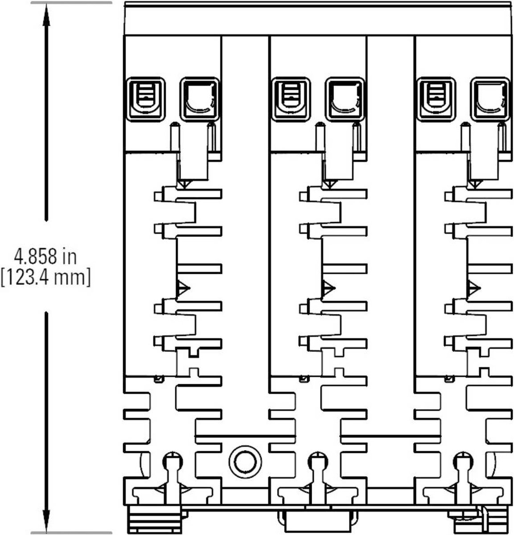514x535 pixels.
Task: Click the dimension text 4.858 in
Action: click(45, 257)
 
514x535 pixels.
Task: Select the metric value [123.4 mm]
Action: click(45, 278)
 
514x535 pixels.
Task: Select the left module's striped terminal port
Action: click(145, 99)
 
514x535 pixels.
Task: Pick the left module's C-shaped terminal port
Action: click(200, 99)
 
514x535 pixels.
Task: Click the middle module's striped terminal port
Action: click(291, 99)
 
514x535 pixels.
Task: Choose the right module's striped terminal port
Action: click(436, 99)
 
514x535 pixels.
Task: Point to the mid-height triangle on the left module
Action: click(182, 288)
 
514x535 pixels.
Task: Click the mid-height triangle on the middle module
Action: click(328, 288)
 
